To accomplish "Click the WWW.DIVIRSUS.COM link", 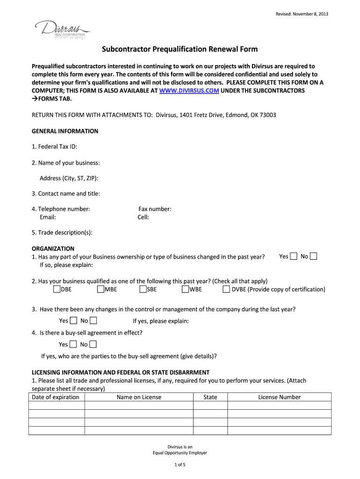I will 189,91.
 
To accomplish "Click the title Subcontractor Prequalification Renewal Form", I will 180,50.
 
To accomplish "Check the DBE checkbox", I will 57,289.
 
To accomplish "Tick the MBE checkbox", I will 101,289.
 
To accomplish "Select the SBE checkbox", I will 143,289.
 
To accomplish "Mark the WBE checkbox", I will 186,289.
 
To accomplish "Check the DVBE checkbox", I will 226,289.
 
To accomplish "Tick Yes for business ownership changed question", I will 294,256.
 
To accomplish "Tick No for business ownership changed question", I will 314,256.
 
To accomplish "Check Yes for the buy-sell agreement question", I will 73,345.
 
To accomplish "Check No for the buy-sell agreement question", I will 93,345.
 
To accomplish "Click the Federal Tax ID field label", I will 54,147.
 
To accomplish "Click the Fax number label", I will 155,209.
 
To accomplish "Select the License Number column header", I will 279,397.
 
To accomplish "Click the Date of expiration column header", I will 55,397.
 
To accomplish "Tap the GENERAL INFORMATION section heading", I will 65,131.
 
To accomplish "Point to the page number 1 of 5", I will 180,464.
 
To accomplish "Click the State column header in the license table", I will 210,397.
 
